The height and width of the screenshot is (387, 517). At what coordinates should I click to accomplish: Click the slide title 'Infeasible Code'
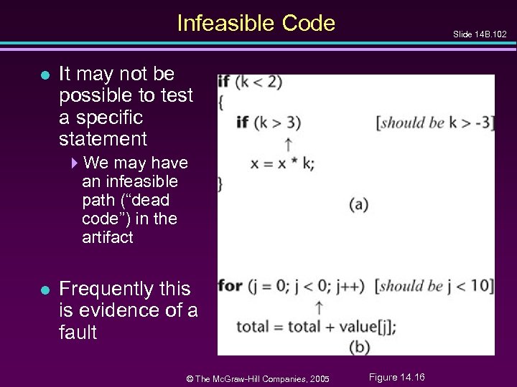tap(256, 24)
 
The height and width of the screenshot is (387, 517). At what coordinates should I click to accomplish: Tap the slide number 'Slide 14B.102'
tap(479, 34)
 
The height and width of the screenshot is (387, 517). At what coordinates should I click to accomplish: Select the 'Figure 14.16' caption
tap(396, 377)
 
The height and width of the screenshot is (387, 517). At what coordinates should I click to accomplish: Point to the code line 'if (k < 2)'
tap(250, 82)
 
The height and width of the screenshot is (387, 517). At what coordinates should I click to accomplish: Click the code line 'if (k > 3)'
tap(269, 123)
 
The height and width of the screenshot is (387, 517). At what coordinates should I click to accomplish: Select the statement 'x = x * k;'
tap(282, 163)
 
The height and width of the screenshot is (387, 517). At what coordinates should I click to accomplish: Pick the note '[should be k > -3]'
tap(435, 122)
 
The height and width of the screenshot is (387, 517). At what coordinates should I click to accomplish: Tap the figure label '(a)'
tap(359, 204)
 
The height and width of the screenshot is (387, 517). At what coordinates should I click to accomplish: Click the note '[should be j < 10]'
tap(434, 286)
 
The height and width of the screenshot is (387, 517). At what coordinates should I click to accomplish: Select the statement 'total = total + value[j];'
tap(316, 327)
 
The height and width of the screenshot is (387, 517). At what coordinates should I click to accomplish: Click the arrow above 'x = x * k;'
tap(288, 142)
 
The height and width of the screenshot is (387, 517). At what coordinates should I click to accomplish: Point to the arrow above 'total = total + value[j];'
tap(318, 307)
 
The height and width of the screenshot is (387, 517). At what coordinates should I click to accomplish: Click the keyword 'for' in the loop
tap(229, 286)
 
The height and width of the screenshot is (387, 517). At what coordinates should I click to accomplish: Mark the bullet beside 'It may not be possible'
tap(45, 74)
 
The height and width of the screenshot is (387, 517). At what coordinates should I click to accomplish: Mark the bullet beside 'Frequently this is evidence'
tap(45, 290)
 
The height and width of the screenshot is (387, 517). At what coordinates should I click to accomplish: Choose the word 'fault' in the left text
tap(78, 332)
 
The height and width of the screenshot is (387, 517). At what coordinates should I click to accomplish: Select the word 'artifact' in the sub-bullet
tap(108, 237)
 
